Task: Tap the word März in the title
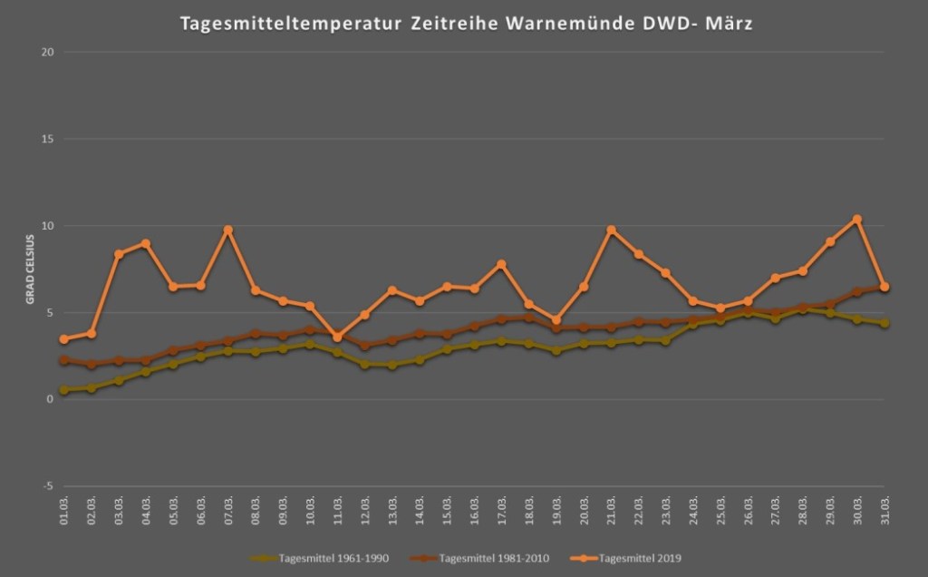pos(726,24)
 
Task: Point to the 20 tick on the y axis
pos(48,52)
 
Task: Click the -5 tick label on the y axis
pos(48,486)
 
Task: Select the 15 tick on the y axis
pos(48,139)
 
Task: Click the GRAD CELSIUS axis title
pos(30,269)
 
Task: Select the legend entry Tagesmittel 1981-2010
pos(492,558)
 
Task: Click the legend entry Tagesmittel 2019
pos(639,558)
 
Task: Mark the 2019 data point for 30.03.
pos(857,219)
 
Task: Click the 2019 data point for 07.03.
pos(228,230)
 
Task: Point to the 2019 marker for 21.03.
pos(611,230)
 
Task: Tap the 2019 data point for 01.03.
pos(64,339)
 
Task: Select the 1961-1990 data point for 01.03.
pos(64,390)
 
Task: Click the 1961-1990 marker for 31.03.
pos(884,323)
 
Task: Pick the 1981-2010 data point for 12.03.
pos(365,346)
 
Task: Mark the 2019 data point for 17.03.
pos(501,264)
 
